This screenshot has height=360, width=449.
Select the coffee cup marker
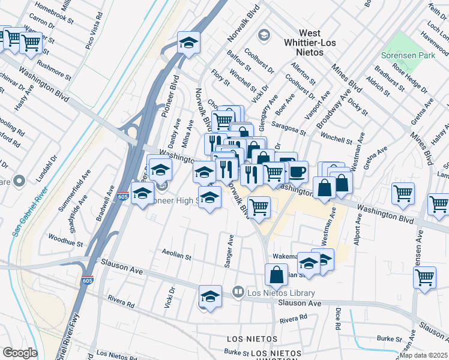pyautogui.click(x=297, y=171)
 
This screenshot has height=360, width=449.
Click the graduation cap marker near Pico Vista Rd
pyautogui.click(x=188, y=43)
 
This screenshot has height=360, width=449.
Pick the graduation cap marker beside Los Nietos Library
pyautogui.click(x=210, y=296)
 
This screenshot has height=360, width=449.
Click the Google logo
pyautogui.click(x=20, y=352)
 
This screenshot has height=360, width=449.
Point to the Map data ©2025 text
pyautogui.click(x=424, y=355)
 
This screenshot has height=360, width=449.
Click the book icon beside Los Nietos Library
pyautogui.click(x=238, y=292)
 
